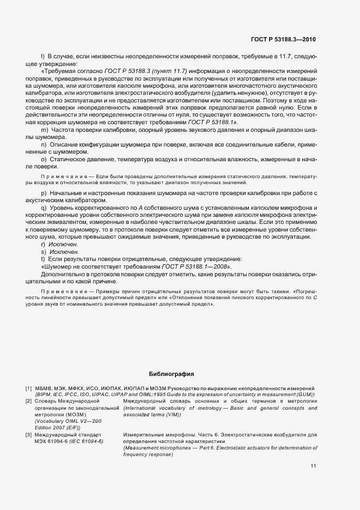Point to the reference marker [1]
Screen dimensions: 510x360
(x=28, y=388)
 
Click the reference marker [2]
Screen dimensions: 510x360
(x=28, y=400)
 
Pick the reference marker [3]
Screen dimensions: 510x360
(x=28, y=435)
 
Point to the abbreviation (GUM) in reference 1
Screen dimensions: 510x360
(x=306, y=394)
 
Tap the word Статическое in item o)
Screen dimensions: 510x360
(x=68, y=159)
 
